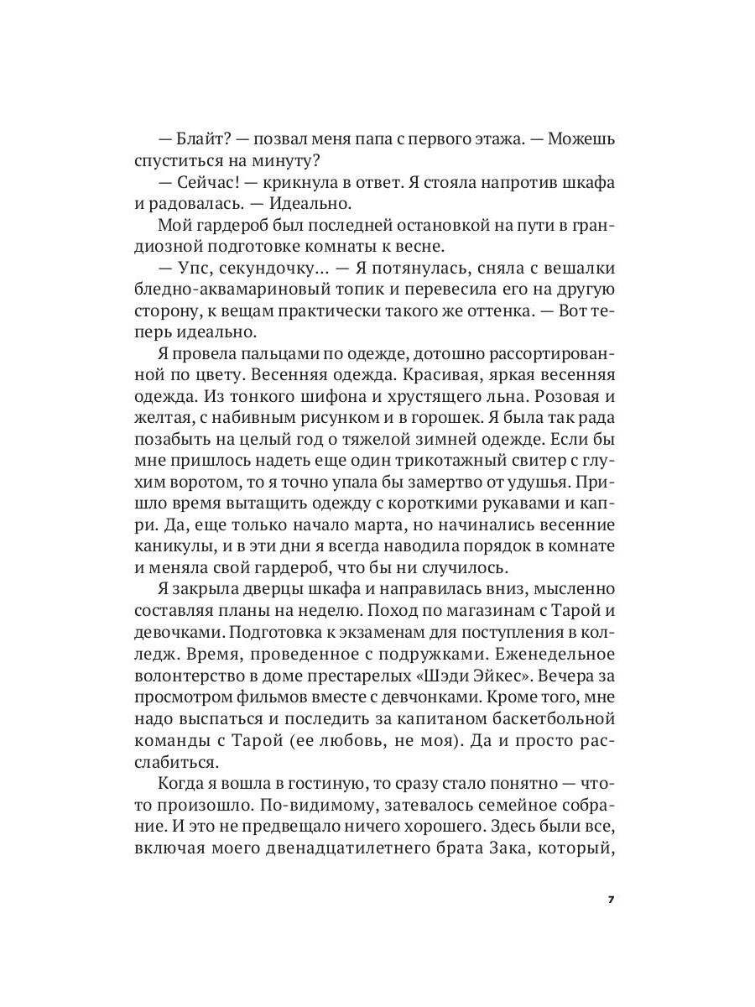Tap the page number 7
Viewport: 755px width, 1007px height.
(611, 900)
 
